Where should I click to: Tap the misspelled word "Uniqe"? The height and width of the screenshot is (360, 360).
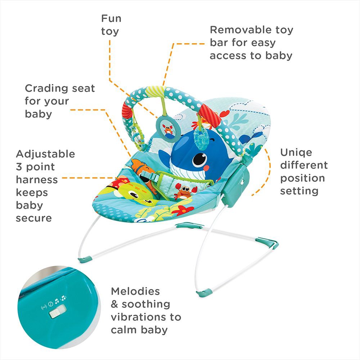point(296,152)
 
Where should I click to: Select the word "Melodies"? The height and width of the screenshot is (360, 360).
point(135,291)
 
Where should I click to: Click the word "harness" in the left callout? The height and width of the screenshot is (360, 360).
point(37,179)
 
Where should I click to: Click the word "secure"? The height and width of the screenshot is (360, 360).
point(33,218)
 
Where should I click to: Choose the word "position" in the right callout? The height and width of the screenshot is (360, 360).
point(302,178)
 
